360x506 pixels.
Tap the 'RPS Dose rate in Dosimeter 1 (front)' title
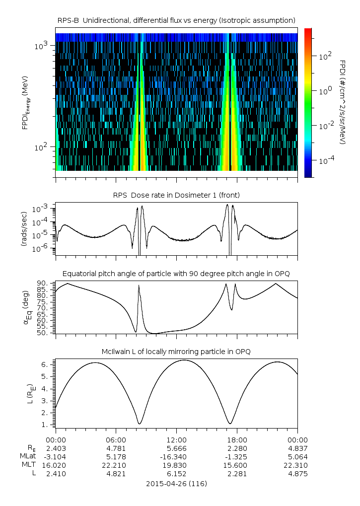pos(176,195)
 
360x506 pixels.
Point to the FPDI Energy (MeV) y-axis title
pos(26,103)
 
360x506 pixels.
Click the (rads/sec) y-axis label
pos(24,229)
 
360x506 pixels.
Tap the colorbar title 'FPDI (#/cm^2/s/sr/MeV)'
pos(343,102)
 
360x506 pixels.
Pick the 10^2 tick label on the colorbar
pos(325,56)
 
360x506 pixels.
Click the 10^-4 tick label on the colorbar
pos(326,160)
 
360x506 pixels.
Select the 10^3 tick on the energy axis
pos(41,46)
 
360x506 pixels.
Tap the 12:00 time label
pos(176,440)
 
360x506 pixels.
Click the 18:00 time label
pos(237,440)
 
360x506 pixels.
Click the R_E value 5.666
pos(177,448)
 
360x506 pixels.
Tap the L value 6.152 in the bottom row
pos(177,474)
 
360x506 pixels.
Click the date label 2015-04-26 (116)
pos(176,484)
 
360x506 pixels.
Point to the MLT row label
pos(29,465)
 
